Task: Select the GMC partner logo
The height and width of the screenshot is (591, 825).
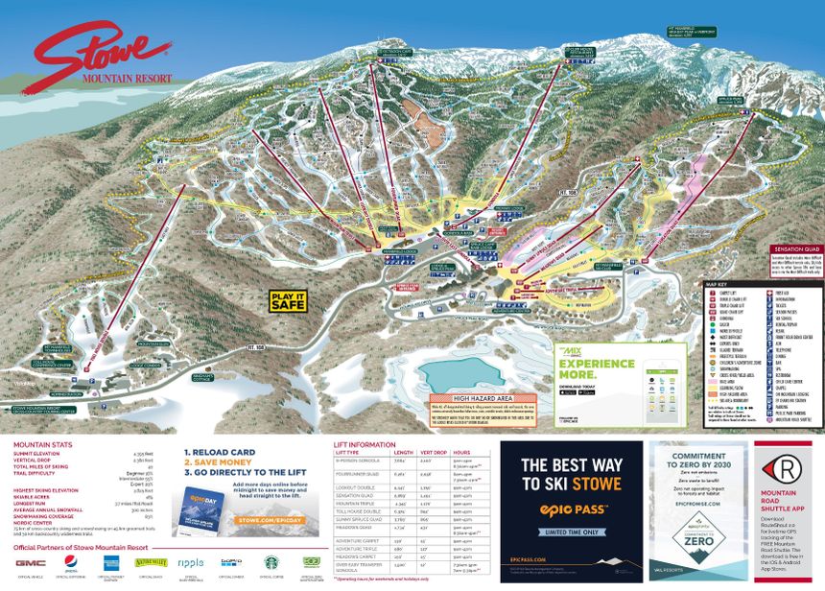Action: pos(31,562)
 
